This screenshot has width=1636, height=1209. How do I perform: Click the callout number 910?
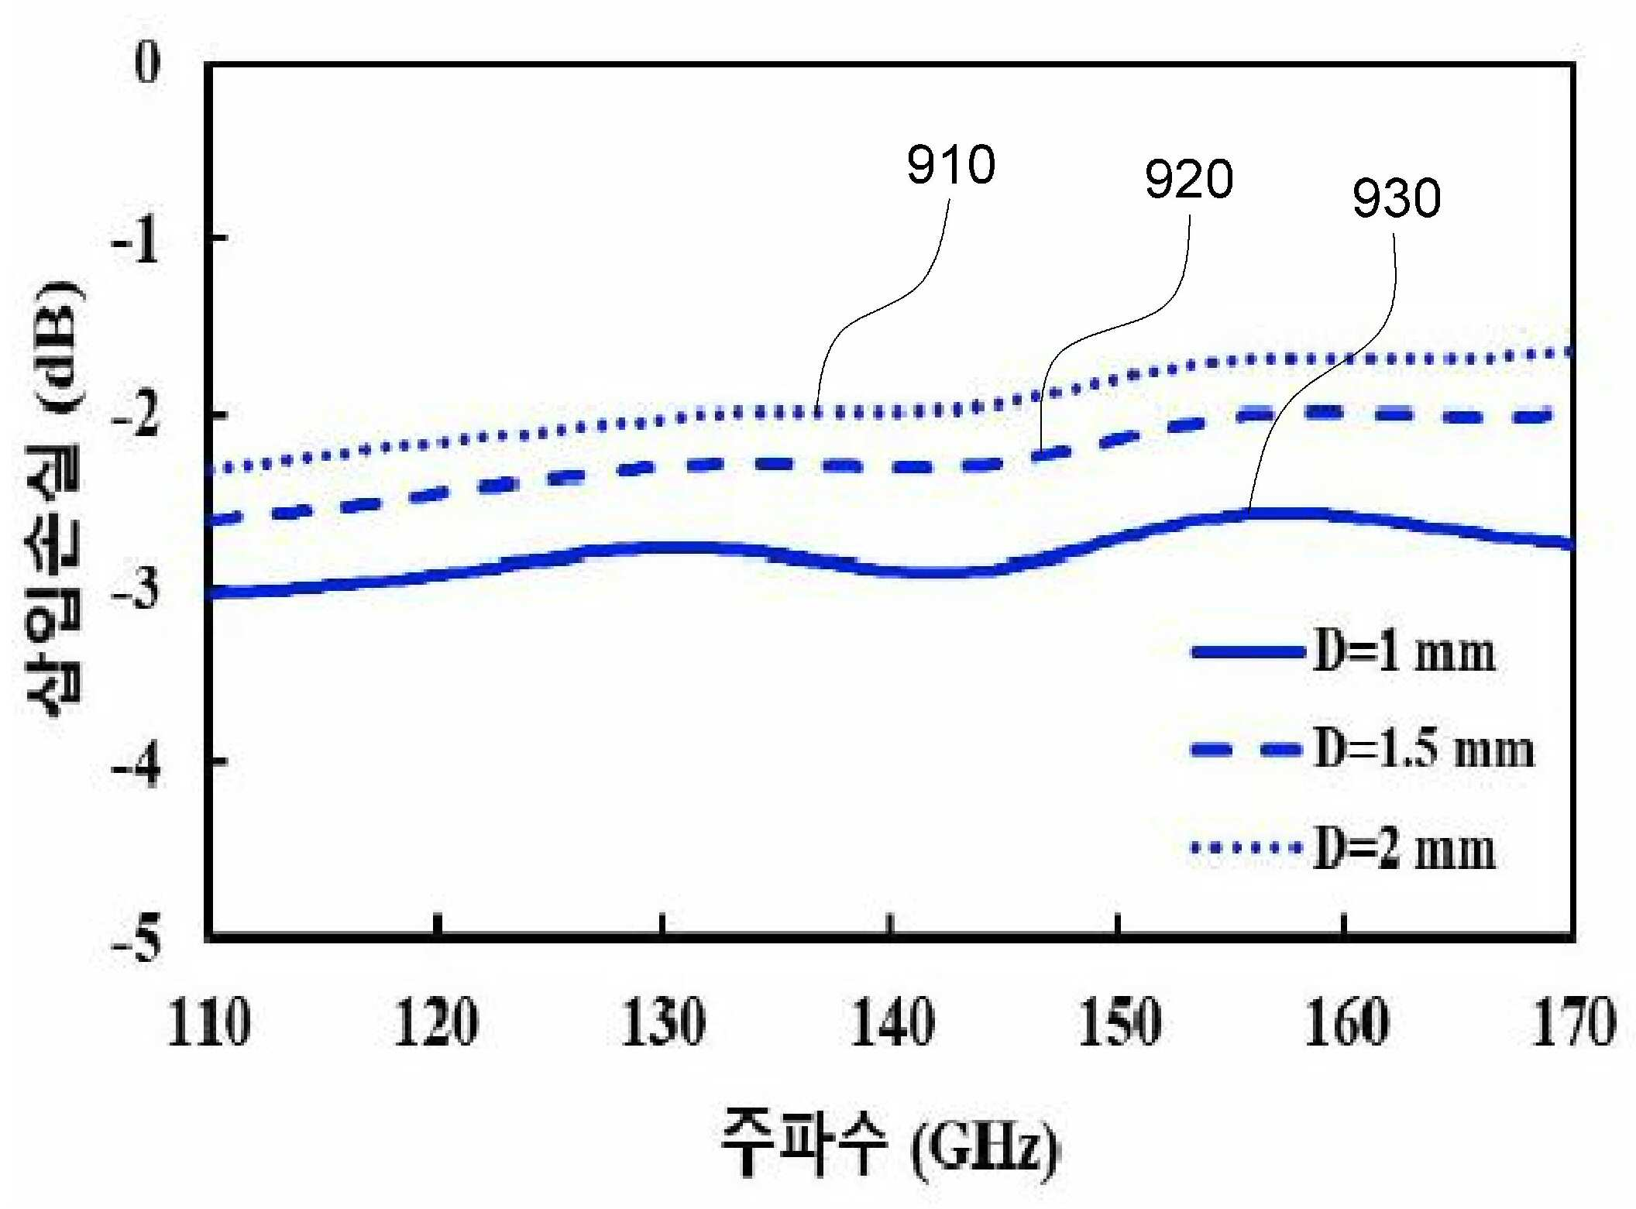coord(950,165)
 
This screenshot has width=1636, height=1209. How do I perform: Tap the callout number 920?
coord(1188,179)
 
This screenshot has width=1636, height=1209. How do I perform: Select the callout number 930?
coord(1396,198)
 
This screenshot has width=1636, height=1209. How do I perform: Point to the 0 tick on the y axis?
coord(147,62)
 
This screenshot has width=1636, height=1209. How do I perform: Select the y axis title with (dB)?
coord(54,499)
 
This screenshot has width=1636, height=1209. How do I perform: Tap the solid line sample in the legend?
coord(1247,652)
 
